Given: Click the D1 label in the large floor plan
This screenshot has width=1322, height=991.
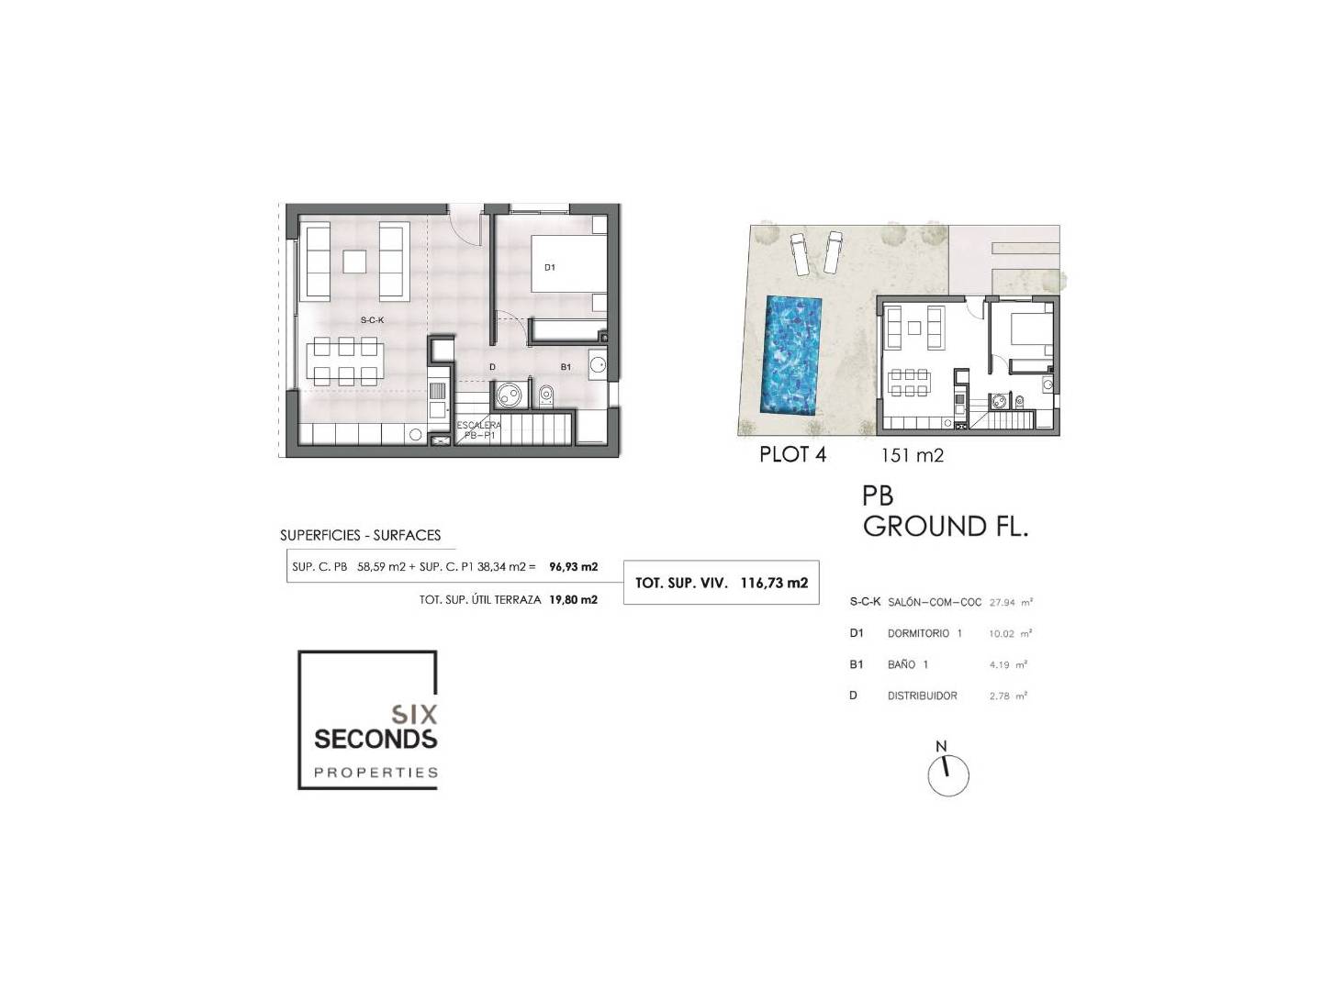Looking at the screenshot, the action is tap(549, 267).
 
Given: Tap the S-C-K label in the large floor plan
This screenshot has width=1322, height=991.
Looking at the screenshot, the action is tap(372, 320).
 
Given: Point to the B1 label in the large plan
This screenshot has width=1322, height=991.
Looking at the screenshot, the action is tap(566, 367).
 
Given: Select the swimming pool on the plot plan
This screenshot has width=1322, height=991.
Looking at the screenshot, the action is tap(792, 354).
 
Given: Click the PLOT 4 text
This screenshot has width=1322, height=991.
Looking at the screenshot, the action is tap(792, 454).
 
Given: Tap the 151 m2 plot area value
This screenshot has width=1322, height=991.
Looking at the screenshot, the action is tap(912, 455).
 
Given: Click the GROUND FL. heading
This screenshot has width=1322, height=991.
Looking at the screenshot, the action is tap(946, 526).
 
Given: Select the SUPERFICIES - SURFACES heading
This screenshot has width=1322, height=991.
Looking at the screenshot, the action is tap(360, 535).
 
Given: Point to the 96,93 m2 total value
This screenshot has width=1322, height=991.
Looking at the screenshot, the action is tap(574, 566).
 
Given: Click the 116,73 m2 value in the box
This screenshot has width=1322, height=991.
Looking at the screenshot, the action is tap(775, 583).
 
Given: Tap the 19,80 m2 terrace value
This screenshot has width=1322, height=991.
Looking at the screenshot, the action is tap(574, 599).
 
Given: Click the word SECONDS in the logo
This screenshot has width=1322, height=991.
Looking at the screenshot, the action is tap(375, 739).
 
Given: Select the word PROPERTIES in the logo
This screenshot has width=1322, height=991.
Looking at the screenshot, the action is tap(375, 773).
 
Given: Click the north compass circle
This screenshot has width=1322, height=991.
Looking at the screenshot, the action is tap(948, 776).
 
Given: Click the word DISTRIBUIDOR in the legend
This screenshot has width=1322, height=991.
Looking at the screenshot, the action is tap(922, 696).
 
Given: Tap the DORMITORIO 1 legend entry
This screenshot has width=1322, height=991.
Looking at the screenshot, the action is tap(924, 633).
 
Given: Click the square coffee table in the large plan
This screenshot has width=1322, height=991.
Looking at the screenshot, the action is tap(354, 262).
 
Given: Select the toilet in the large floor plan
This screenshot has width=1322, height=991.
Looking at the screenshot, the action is tap(545, 395).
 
